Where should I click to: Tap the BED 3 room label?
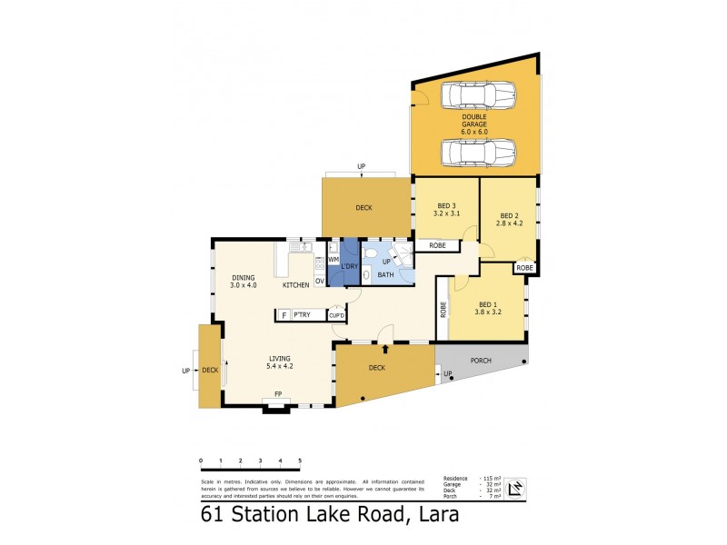coord(447,209)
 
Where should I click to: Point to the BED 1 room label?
coord(488,308)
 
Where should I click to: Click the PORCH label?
coord(480,361)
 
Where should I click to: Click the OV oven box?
coord(320,281)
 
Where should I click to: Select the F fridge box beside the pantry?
coord(284,315)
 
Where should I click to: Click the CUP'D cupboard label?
coord(336,315)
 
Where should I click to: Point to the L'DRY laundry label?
coord(349,266)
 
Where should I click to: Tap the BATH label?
coord(385,274)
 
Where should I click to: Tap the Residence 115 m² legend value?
coord(487,478)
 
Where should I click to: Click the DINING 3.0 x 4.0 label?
coord(243,282)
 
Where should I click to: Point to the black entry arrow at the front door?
coord(385,348)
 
